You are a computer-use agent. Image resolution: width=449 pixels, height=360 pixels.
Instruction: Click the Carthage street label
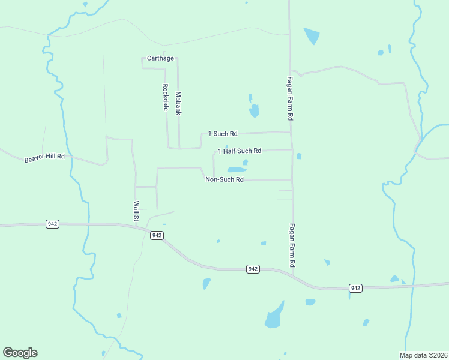[160, 58]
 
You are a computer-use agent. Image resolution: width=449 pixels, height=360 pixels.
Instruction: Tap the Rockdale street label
[165, 97]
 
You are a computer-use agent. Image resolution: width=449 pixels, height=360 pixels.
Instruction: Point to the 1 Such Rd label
[223, 133]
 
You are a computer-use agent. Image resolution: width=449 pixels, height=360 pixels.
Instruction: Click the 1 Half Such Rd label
[240, 151]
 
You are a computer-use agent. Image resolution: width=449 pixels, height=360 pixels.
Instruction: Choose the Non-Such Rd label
[224, 179]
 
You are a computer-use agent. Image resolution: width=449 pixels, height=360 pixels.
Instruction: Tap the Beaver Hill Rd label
[45, 158]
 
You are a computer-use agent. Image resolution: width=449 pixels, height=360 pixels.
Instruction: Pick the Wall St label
[136, 211]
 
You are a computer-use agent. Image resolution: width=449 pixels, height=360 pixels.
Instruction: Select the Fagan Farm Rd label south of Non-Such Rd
[292, 245]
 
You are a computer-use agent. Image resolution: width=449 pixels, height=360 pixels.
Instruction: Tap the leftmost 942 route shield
[52, 224]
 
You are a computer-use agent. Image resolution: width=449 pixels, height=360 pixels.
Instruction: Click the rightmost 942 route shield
[355, 289]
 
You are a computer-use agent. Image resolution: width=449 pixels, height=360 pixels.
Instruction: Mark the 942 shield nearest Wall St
[157, 235]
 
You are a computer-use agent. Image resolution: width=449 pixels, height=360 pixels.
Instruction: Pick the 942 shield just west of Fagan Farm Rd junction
[253, 269]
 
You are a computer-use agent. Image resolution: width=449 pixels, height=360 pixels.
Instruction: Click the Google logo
[20, 353]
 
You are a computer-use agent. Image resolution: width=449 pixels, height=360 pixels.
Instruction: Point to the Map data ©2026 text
[424, 355]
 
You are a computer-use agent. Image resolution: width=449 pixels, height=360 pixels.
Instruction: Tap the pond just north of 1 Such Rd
[254, 110]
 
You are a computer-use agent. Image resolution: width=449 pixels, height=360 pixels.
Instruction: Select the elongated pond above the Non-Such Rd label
[237, 170]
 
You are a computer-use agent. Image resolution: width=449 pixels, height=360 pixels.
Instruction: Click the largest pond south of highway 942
[274, 316]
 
